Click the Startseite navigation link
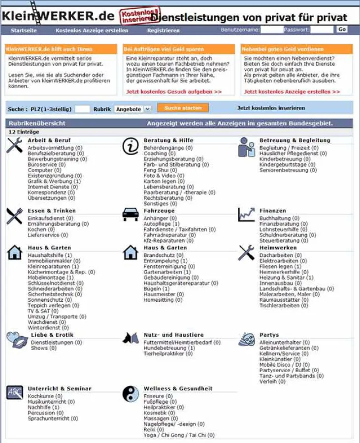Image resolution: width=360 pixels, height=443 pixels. (24, 31)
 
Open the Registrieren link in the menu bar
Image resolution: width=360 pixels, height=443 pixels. (163, 31)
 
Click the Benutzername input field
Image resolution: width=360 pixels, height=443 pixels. (271, 30)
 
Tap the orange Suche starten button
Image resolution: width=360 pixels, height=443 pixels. (183, 108)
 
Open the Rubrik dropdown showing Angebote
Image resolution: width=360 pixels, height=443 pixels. (132, 109)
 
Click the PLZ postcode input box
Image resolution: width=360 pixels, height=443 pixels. (82, 109)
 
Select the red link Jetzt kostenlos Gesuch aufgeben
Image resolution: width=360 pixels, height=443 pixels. (174, 92)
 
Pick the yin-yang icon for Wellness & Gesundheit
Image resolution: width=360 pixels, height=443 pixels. (130, 393)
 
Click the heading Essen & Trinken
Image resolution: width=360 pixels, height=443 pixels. (52, 211)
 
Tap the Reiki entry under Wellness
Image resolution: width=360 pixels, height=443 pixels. (151, 430)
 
